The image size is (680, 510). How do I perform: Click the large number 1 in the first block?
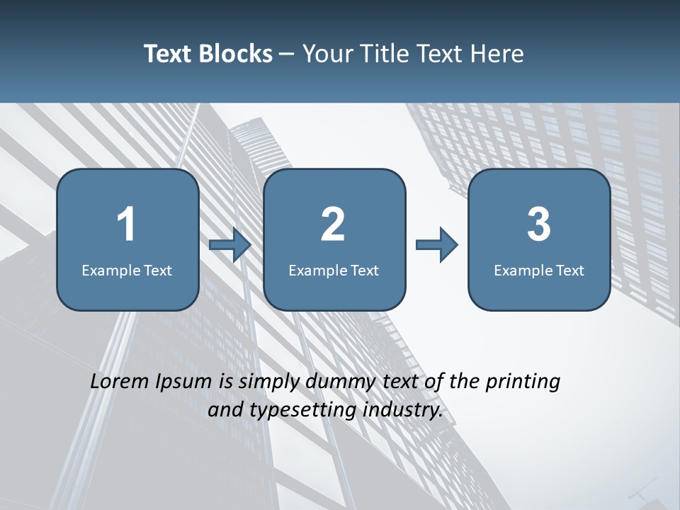[126, 225]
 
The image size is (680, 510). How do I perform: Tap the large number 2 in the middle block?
[333, 225]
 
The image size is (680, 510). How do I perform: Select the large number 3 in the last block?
[539, 225]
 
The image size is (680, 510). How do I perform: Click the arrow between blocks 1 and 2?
[230, 245]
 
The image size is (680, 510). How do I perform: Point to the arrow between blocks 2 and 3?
[436, 245]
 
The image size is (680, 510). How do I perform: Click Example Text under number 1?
[127, 270]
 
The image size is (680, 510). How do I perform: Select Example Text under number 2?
[334, 270]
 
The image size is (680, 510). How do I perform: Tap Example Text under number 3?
[539, 270]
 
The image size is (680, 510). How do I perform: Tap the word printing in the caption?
[523, 382]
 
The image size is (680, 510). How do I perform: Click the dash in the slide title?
[288, 54]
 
